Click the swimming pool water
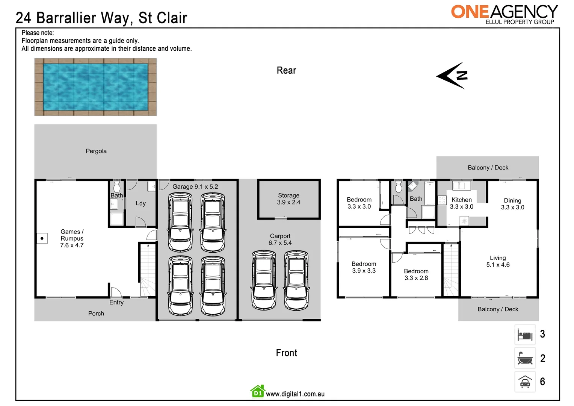95,87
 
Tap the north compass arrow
452,76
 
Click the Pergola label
96,151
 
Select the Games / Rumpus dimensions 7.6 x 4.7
72,245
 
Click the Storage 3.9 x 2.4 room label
289,199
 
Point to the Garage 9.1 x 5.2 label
195,186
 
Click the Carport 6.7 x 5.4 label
280,239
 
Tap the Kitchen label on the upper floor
461,200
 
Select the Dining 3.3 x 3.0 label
512,204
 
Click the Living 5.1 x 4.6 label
498,261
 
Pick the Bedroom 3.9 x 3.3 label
364,267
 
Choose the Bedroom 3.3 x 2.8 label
416,274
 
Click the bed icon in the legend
525,335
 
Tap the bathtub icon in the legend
525,358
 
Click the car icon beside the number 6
525,382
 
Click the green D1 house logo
258,392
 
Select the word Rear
286,70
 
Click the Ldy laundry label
140,203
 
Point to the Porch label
96,314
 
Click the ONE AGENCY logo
504,14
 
